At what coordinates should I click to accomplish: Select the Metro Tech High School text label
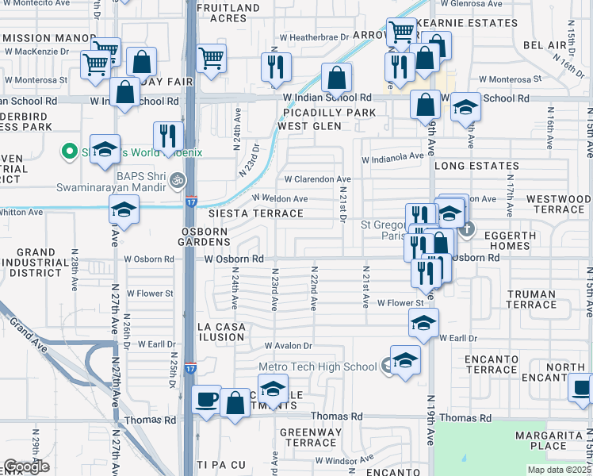pos(317,367)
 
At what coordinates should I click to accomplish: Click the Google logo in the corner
pos(26,466)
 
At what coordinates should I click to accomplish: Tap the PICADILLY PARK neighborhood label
pos(327,113)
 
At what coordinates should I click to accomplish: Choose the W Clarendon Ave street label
pos(317,179)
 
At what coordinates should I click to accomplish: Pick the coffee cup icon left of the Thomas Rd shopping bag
pos(206,398)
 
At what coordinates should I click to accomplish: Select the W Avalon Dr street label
pos(289,346)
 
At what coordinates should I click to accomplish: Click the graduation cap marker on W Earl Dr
pos(424,323)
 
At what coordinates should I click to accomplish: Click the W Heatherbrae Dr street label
pos(314,37)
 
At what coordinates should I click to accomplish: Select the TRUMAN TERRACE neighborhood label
pos(531,299)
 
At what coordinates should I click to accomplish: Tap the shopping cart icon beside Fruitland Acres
pos(211,57)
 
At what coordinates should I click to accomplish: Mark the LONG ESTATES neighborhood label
pos(476,167)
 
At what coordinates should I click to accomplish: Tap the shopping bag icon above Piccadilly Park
pos(337,78)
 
